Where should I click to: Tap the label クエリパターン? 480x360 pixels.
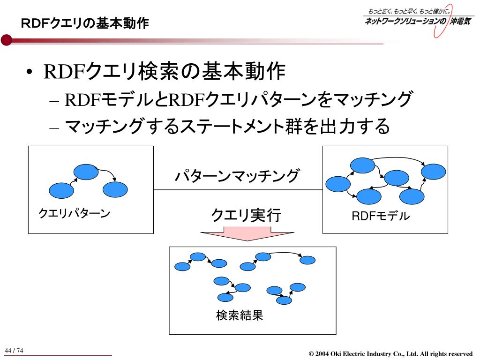[74, 214]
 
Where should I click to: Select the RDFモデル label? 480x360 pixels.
[381, 216]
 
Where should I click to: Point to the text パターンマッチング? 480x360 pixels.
[236, 176]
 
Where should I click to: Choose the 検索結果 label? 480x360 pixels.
[240, 315]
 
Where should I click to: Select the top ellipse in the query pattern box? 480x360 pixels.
[86, 172]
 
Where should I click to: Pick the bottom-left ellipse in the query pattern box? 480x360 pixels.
[61, 190]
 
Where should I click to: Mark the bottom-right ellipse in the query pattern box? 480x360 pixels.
[115, 189]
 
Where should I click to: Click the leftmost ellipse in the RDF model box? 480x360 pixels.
[337, 184]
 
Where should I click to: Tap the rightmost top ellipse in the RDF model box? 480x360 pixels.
[433, 171]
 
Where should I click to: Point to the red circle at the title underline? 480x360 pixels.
[6, 40]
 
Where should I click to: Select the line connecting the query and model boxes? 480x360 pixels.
[238, 190]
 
